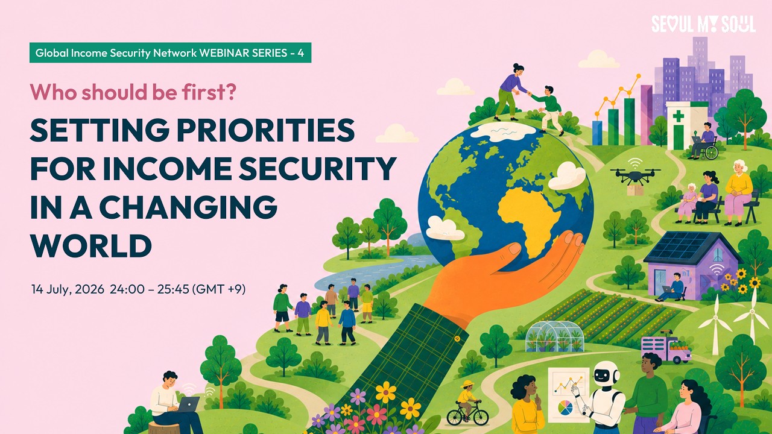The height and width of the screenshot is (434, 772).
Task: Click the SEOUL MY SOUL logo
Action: coord(703,25)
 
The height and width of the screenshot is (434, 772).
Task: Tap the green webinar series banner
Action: coord(170,52)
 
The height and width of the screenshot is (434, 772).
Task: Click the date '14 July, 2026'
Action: coord(68,289)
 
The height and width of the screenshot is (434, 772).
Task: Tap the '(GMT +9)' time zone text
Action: coord(218,289)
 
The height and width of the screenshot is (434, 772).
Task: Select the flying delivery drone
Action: coord(635,175)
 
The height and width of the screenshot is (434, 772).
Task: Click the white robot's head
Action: coord(605,374)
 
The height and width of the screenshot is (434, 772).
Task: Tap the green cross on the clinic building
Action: coord(679,116)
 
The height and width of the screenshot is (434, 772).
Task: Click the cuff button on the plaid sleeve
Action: coord(458,339)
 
